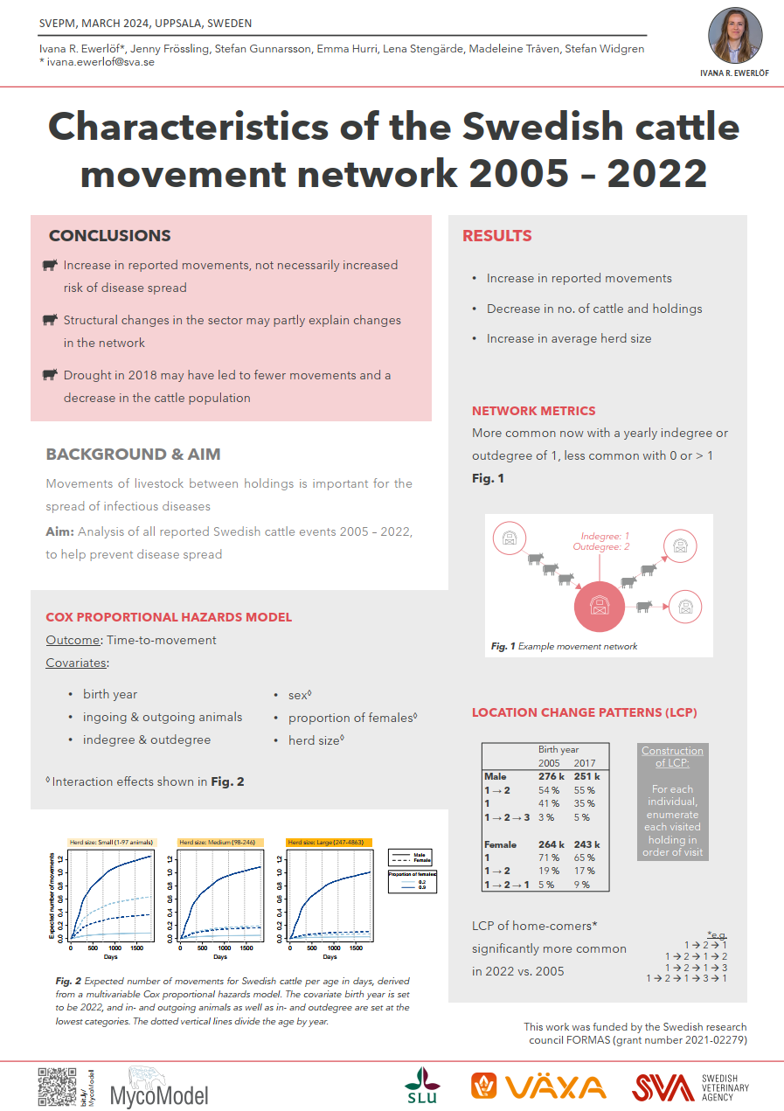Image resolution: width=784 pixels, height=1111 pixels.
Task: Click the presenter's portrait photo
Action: click(734, 36)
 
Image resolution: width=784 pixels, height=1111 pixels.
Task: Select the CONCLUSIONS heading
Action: click(109, 236)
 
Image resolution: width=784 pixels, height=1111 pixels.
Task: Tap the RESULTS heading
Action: click(496, 236)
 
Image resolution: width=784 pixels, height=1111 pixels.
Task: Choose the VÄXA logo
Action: click(538, 1087)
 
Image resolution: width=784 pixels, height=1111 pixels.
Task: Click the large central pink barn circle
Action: click(600, 605)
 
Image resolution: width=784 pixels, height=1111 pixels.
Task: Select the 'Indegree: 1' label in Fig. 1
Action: click(606, 536)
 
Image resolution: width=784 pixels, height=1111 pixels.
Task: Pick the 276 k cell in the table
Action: click(550, 776)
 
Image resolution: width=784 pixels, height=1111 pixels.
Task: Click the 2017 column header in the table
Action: click(585, 763)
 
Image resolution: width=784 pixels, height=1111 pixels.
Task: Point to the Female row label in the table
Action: click(502, 844)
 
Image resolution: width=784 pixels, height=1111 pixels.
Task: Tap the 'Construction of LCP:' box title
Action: click(672, 757)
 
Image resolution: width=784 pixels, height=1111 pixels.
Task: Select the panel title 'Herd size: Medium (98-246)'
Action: click(219, 843)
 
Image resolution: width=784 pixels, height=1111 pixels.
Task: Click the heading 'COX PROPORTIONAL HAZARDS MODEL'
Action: click(169, 617)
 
